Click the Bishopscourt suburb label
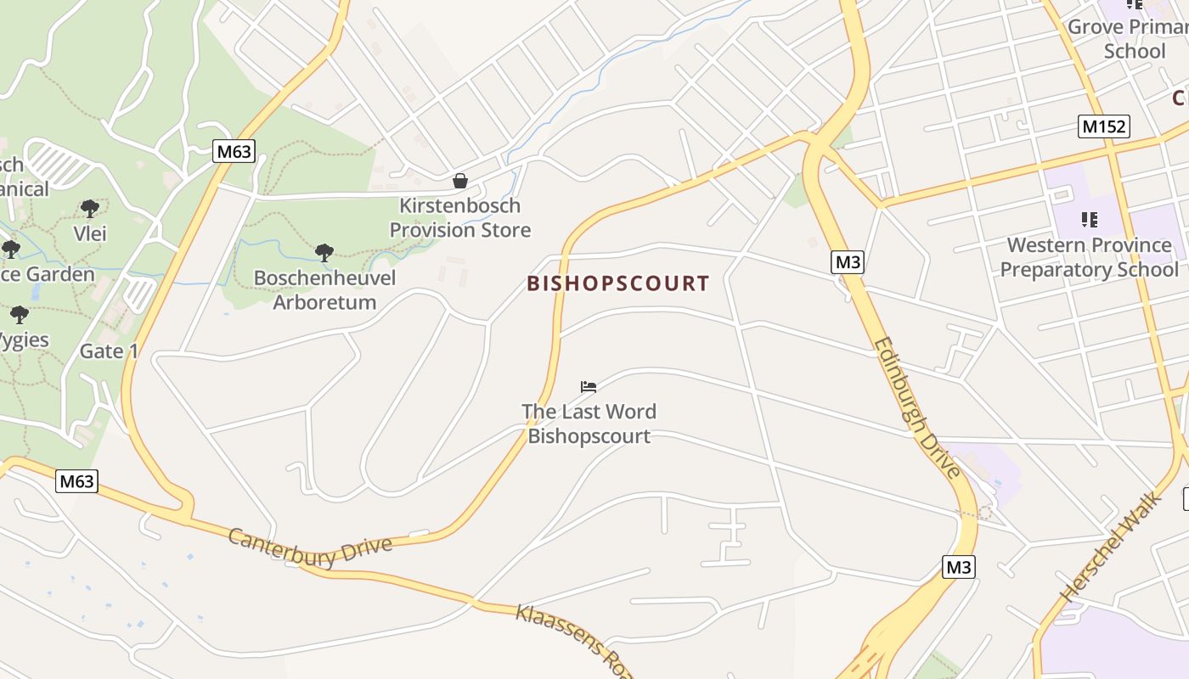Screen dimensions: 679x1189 (617, 283)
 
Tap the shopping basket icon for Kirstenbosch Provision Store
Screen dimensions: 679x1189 (459, 181)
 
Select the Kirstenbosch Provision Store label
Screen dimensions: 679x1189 (460, 218)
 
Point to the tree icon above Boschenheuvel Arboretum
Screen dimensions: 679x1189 (324, 252)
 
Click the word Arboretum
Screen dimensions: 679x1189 (324, 302)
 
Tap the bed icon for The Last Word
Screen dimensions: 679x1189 (589, 387)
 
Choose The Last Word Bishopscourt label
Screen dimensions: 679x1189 (589, 424)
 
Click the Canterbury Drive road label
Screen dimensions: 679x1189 (310, 541)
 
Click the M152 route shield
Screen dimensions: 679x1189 (1104, 127)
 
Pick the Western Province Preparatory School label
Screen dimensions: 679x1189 (1089, 257)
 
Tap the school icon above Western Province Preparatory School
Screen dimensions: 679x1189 (1090, 221)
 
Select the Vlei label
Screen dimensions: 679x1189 (90, 233)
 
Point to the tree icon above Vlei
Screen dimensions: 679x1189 (89, 208)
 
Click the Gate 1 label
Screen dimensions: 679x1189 (109, 351)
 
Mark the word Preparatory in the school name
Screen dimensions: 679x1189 (1089, 270)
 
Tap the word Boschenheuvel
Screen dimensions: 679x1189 (324, 278)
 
